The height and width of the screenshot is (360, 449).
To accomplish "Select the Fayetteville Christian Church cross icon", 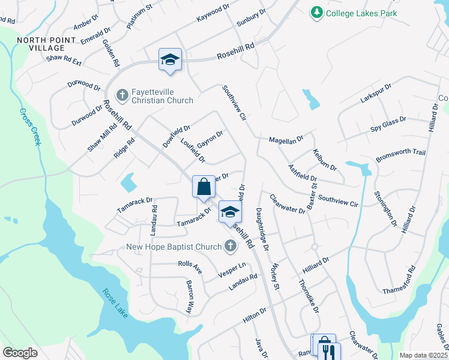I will point(122,95).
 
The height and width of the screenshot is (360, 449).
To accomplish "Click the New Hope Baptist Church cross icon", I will point(230,245).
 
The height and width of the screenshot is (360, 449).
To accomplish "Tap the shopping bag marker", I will point(204,187).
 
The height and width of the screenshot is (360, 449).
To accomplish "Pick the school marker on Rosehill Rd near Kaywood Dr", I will point(170,60).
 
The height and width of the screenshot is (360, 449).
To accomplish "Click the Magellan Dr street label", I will point(286,140).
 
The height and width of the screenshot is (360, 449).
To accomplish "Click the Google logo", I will point(20,352).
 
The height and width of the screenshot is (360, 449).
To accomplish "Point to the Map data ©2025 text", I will point(423,355).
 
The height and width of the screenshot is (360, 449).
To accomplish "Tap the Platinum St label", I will point(140,16).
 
